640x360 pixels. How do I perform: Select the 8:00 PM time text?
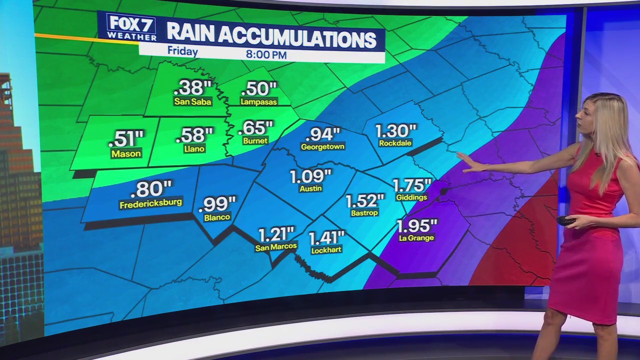266,54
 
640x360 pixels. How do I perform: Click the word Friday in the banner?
182,51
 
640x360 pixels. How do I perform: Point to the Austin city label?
310,188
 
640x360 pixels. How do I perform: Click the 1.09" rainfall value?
310,176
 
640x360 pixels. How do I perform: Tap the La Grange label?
416,238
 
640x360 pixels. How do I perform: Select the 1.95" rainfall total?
417,225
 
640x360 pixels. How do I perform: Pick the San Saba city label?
192,102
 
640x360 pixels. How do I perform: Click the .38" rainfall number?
192,88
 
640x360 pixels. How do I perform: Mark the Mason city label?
126,153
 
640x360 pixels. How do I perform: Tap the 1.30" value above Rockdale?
395,131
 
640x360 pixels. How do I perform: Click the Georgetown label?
322,147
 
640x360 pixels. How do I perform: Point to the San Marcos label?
276,246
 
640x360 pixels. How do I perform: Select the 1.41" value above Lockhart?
326,237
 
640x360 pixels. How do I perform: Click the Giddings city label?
411,197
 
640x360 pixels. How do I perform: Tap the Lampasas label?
258,101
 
